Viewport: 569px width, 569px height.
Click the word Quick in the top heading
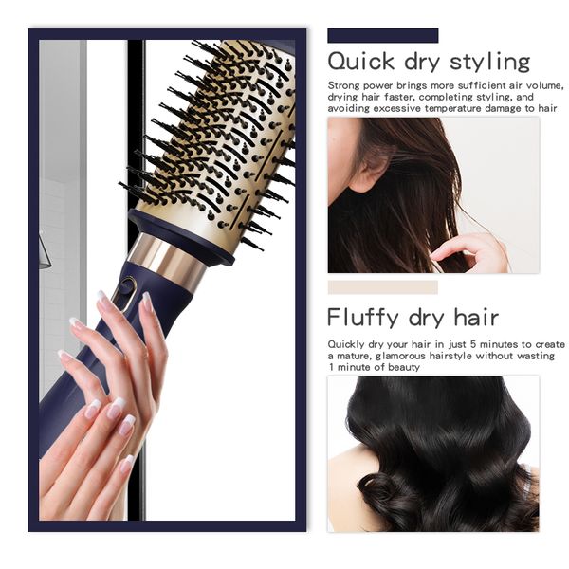point(361,61)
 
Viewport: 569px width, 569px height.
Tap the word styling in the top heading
point(490,63)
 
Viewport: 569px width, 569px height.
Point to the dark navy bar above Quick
point(383,36)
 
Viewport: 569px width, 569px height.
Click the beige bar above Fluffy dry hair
point(383,287)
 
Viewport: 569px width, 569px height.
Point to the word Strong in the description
point(343,86)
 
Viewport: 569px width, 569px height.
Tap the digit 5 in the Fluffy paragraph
point(473,344)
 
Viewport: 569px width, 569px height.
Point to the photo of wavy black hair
point(433,454)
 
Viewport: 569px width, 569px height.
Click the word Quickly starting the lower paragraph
point(346,344)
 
